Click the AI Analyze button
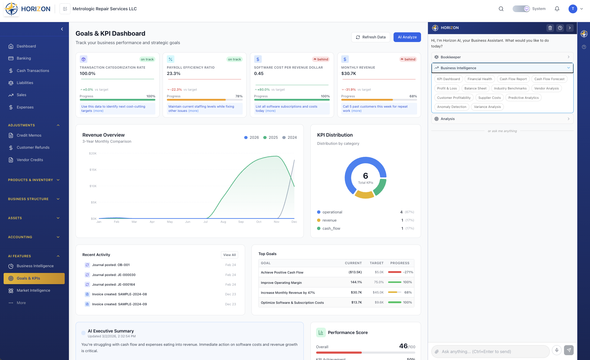407,37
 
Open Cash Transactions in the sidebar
33,71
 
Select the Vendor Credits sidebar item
30,160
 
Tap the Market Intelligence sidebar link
33,290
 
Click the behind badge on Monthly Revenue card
408,59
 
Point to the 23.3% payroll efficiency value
173,73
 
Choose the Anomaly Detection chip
452,107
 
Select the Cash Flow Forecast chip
549,79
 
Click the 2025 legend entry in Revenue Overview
271,138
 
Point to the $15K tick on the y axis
93,170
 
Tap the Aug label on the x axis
223,222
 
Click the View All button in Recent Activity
229,255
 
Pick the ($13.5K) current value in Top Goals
355,272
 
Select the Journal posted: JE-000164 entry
113,284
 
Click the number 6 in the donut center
365,176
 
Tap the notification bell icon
557,9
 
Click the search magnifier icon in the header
501,9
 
